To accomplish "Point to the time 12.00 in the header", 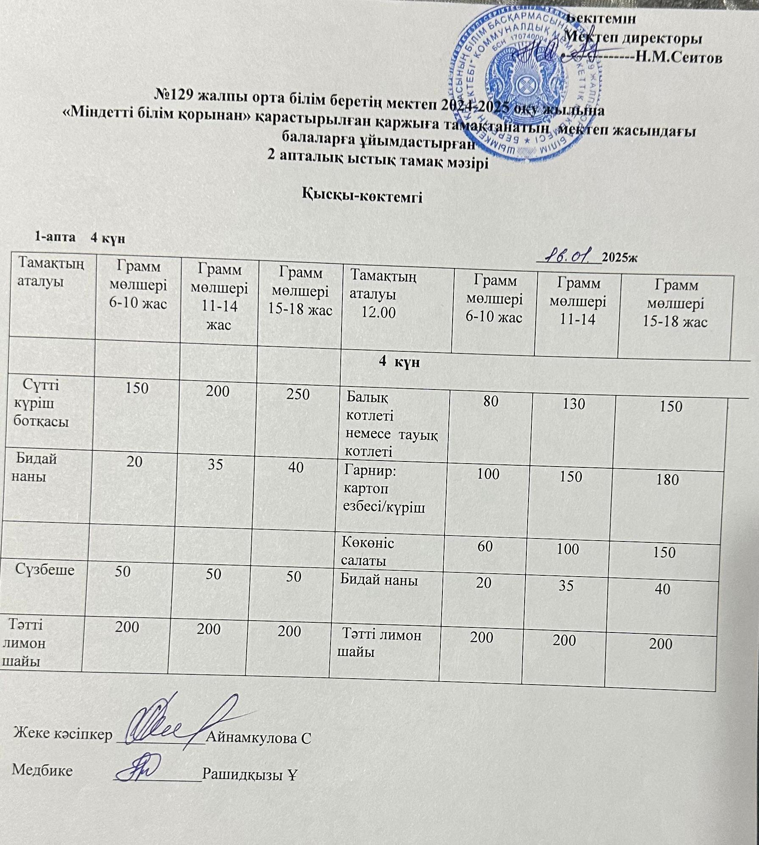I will (x=378, y=312).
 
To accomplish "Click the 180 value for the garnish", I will (x=667, y=480).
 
